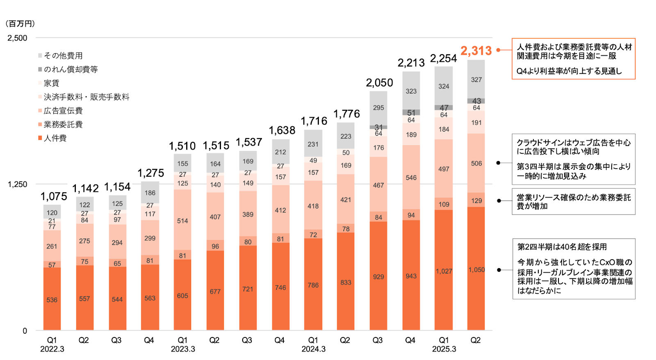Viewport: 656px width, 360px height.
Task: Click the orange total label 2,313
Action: [476, 51]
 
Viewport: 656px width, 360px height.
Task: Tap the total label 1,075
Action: [54, 197]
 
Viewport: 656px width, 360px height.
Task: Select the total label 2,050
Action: [379, 83]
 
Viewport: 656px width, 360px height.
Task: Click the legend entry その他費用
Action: [63, 56]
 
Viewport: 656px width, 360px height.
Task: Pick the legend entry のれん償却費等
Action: [71, 70]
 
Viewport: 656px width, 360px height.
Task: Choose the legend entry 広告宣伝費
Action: [63, 111]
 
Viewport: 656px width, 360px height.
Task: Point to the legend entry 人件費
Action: [55, 138]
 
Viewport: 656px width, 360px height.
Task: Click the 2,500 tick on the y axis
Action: [17, 38]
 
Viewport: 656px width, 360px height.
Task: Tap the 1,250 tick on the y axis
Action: [17, 185]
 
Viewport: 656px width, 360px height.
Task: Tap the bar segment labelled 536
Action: [52, 299]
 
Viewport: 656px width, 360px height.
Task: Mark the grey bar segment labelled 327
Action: [476, 80]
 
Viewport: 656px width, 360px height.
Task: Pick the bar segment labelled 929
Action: [378, 276]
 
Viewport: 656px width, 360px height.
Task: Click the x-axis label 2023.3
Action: [183, 349]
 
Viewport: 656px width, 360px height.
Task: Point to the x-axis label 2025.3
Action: [444, 349]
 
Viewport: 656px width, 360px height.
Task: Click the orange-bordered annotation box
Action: [573, 59]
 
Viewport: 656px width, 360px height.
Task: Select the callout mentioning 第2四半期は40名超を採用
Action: [574, 269]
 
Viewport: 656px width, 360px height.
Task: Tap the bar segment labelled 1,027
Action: [444, 271]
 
